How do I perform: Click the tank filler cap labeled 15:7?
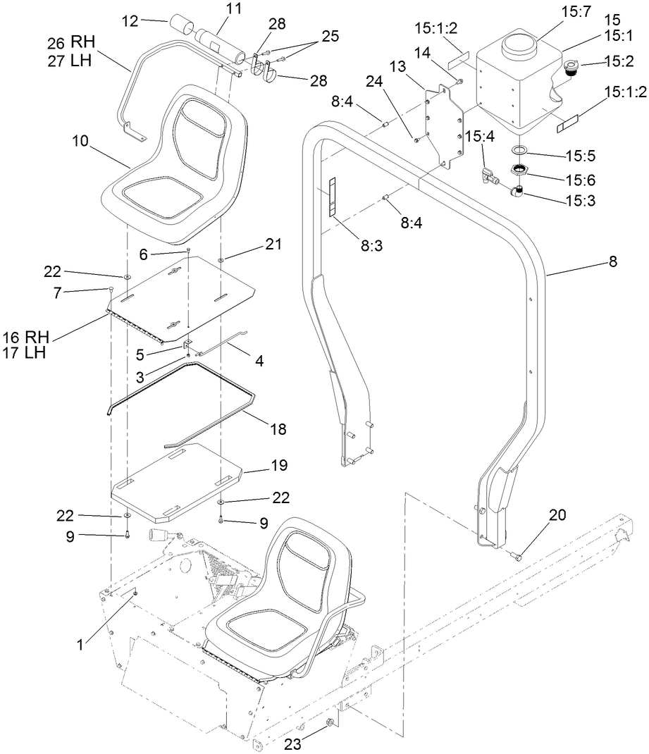point(519,47)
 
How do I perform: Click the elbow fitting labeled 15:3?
point(519,190)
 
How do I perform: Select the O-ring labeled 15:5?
point(520,150)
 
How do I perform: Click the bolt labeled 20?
point(516,557)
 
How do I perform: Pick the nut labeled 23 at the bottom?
point(328,723)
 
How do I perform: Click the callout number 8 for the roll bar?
point(612,261)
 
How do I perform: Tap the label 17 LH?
point(25,352)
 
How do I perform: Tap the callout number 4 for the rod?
point(259,362)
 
